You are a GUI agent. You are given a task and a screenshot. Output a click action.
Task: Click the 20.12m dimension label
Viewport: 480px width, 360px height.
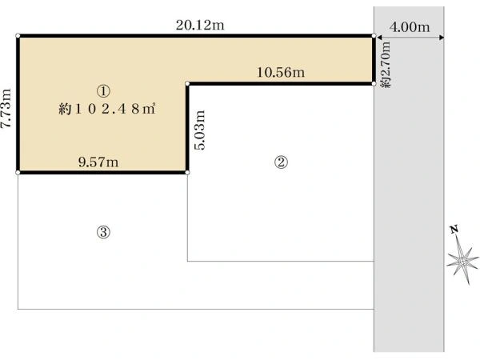point(200,25)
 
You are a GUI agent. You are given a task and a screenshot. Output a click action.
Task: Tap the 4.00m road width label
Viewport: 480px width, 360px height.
point(410,27)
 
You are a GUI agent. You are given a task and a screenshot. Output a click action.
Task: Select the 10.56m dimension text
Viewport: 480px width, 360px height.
point(281,72)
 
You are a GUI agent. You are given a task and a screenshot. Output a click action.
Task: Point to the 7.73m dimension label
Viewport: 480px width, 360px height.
point(6,108)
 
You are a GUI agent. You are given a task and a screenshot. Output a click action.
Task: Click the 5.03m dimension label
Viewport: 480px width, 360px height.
point(199,130)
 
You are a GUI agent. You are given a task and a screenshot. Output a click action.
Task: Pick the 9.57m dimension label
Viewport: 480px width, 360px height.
point(98,162)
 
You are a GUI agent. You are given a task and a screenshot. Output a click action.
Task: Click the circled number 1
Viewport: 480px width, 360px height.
point(103,91)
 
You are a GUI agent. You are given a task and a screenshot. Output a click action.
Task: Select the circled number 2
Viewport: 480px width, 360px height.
point(281,162)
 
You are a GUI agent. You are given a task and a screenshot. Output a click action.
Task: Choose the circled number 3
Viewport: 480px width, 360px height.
point(103,232)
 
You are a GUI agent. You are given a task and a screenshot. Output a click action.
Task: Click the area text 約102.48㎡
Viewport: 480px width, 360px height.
point(107,109)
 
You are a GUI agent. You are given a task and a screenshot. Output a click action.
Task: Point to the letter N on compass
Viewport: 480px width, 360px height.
point(454,230)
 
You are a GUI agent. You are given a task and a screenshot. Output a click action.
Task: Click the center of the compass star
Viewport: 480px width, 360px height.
point(462,262)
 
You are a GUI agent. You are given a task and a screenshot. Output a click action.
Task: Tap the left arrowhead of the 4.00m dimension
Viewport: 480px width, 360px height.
point(379,38)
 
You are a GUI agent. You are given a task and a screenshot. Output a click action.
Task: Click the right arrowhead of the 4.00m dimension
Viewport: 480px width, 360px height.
point(442,38)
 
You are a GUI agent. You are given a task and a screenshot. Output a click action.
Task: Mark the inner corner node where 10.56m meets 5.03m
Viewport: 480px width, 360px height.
point(187,83)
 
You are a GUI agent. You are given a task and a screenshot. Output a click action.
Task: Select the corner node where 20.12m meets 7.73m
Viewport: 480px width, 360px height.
point(18,36)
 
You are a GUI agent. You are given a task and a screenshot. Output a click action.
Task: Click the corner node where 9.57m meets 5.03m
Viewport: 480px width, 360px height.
point(187,173)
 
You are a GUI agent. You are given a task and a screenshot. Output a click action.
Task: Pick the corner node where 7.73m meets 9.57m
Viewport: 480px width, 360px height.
point(18,173)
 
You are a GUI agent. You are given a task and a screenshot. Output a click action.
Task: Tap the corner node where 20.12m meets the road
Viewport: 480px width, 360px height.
point(374,36)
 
